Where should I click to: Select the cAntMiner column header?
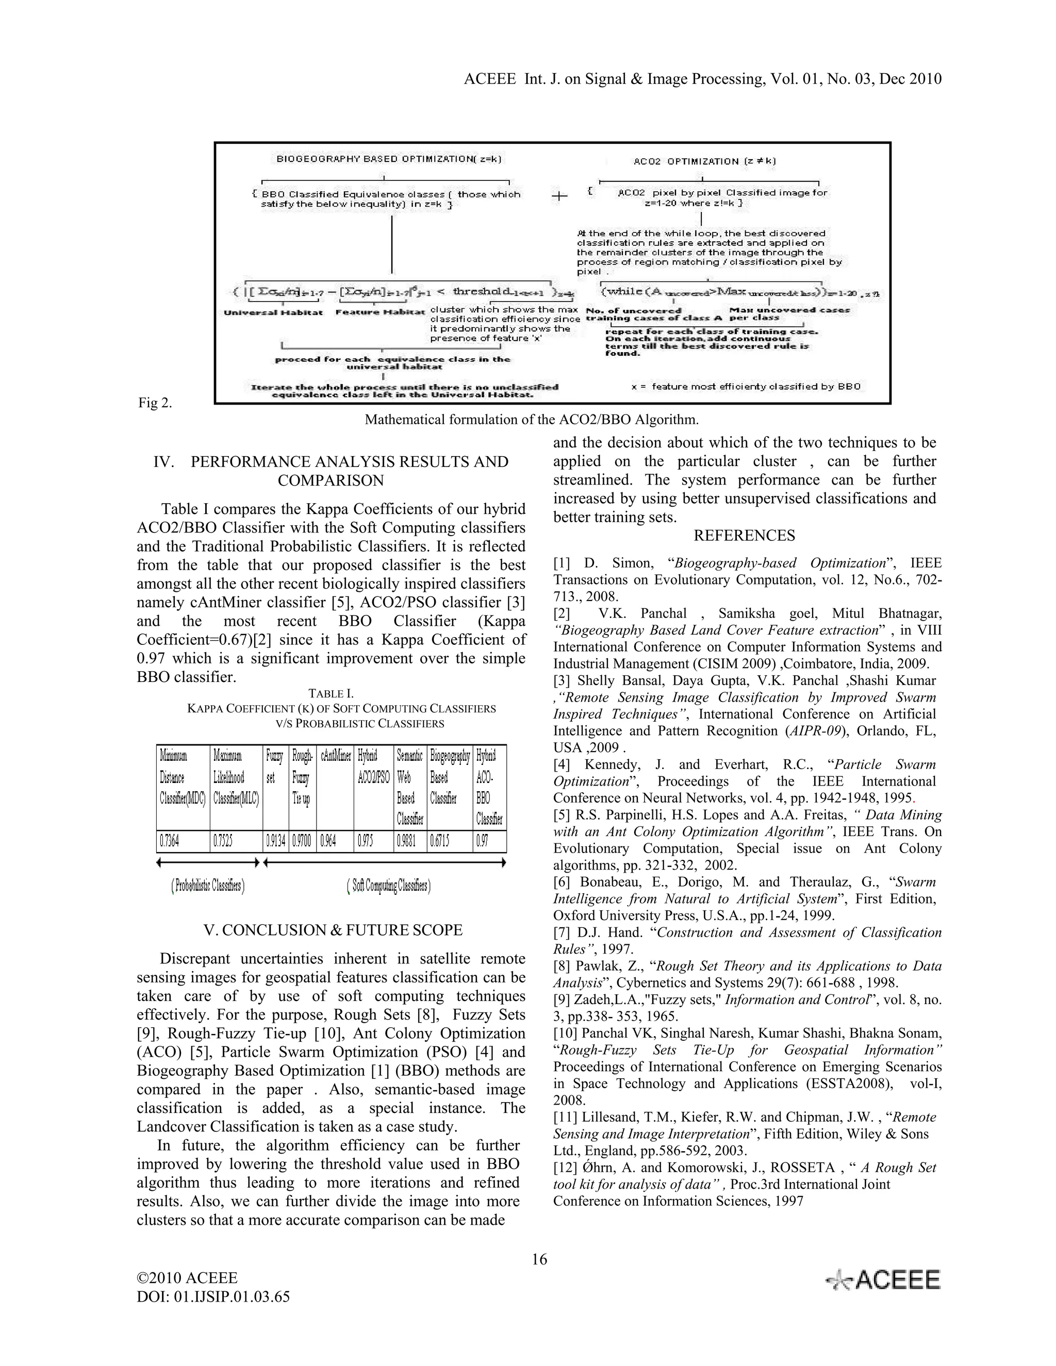(x=335, y=756)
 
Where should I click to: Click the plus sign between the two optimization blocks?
(x=559, y=196)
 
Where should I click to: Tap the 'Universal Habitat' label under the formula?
(x=273, y=312)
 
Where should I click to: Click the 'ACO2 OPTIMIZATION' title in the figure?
(x=704, y=161)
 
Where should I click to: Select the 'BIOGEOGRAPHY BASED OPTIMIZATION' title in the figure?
(x=389, y=159)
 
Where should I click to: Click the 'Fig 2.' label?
(x=155, y=403)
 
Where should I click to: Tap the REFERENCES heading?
(x=744, y=536)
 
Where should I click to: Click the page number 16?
(x=539, y=1259)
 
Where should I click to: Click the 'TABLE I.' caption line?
(x=331, y=694)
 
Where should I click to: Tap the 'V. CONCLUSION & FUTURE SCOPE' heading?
(x=333, y=930)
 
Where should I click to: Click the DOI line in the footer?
(x=213, y=1296)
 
